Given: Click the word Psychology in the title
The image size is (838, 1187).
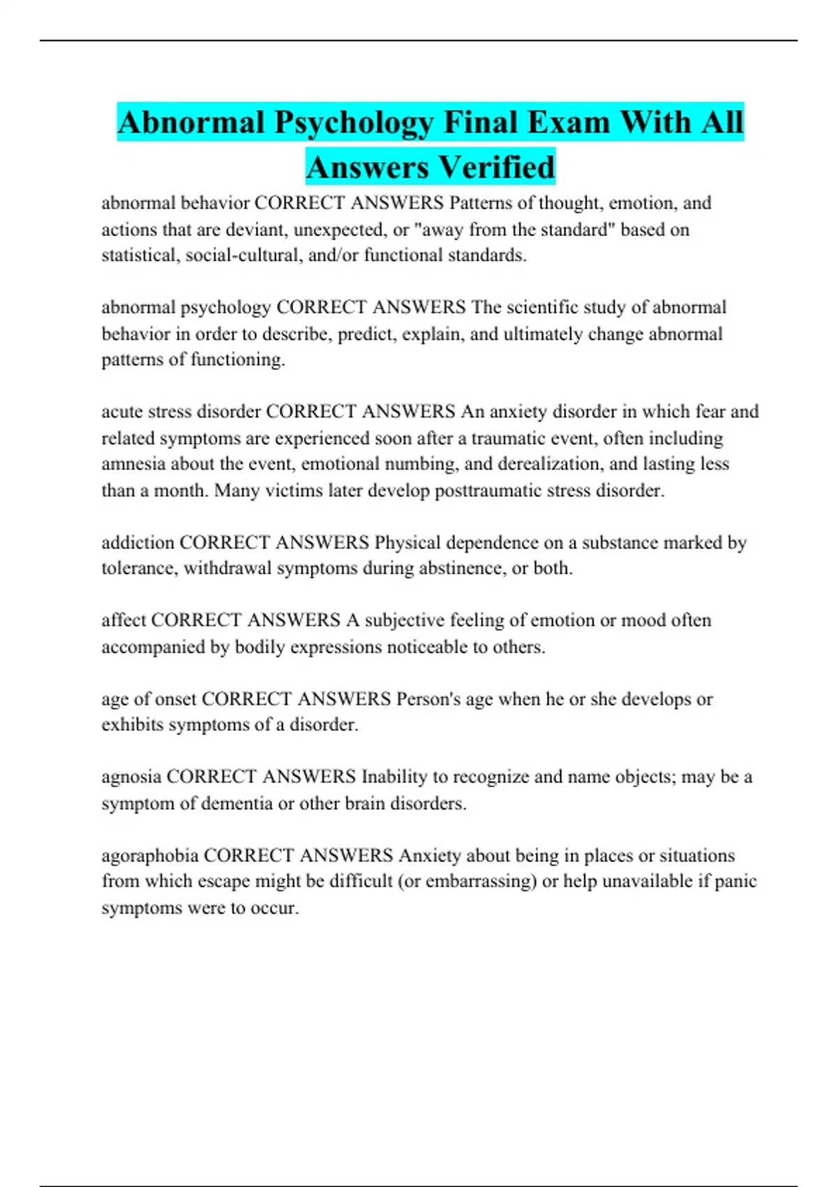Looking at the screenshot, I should click(x=354, y=123).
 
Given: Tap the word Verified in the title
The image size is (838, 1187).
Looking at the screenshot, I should click(x=497, y=168).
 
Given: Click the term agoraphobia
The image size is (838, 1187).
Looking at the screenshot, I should click(x=150, y=855).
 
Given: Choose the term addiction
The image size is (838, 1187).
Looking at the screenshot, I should click(x=138, y=543).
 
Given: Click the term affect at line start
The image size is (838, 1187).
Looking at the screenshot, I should click(x=124, y=620).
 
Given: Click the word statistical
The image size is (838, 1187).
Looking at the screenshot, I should click(x=140, y=256).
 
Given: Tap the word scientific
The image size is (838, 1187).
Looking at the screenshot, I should click(x=543, y=307).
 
